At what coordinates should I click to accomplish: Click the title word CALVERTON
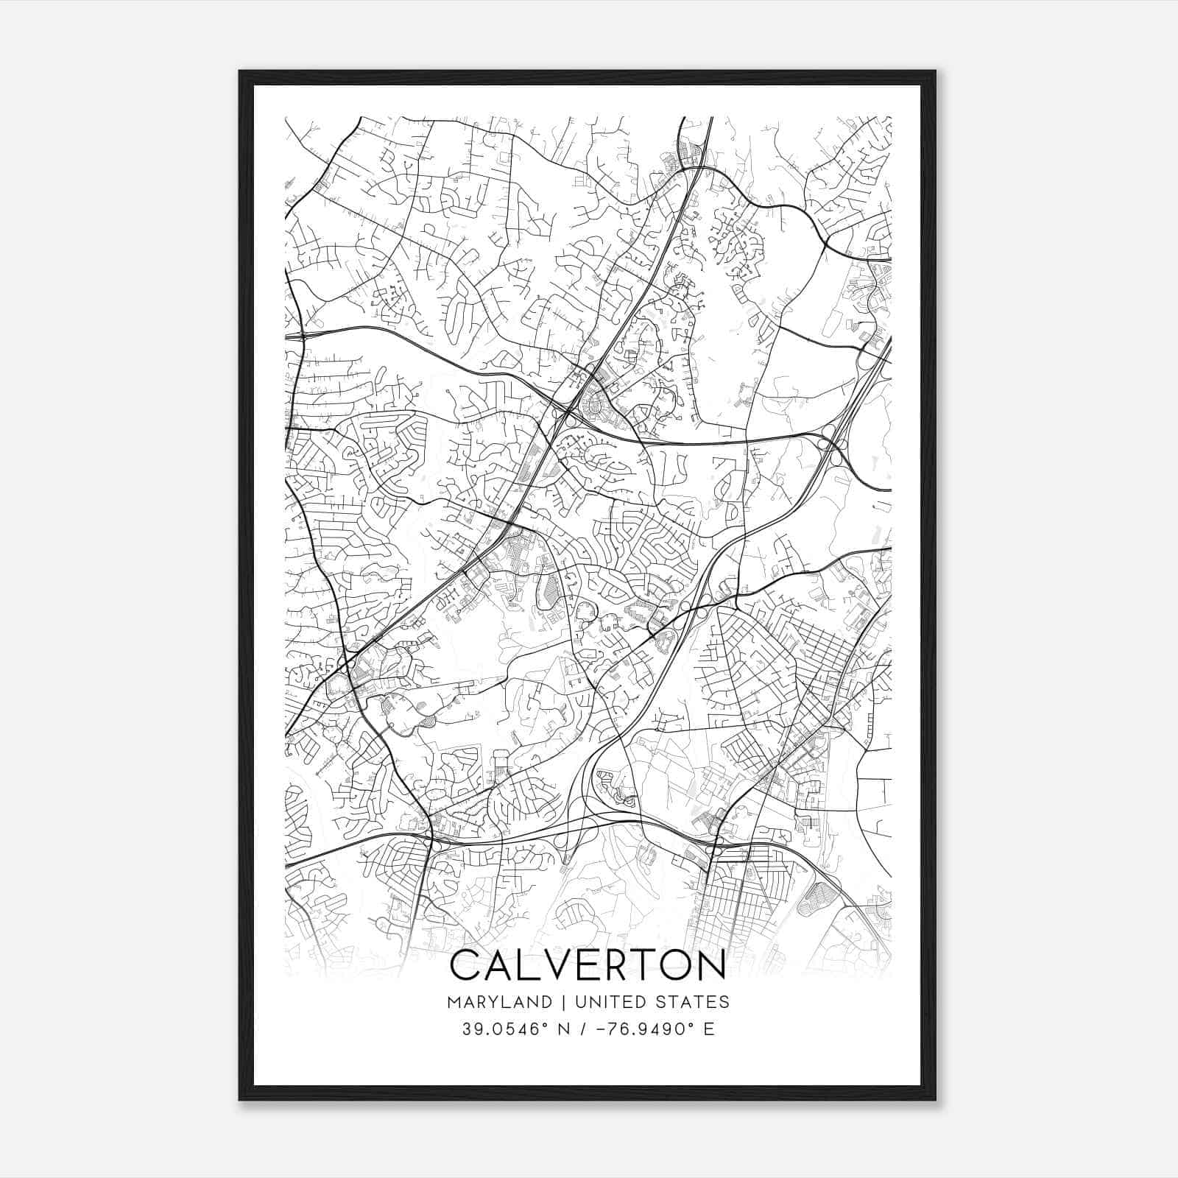point(588,966)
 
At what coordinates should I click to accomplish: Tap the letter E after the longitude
point(709,1029)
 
